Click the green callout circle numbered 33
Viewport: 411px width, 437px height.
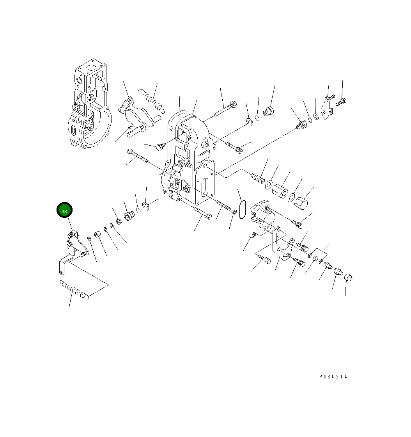(x=64, y=210)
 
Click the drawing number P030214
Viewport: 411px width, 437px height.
(x=333, y=377)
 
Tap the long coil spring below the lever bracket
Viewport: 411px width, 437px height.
(x=74, y=289)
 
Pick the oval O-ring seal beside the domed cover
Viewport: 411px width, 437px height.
(x=241, y=210)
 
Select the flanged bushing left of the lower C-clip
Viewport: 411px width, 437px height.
(x=128, y=216)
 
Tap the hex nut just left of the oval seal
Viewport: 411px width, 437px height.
(x=234, y=212)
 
